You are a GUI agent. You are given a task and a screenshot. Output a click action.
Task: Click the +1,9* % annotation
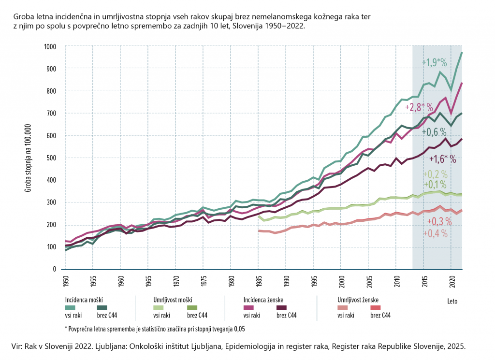point(436,63)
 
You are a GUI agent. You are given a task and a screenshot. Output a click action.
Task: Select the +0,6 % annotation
point(435,131)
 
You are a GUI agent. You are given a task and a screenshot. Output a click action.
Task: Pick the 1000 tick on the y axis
point(50,46)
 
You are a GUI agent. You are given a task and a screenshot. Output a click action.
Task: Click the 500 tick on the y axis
point(52,158)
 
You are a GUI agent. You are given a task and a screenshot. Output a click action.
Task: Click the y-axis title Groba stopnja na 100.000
point(29,158)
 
